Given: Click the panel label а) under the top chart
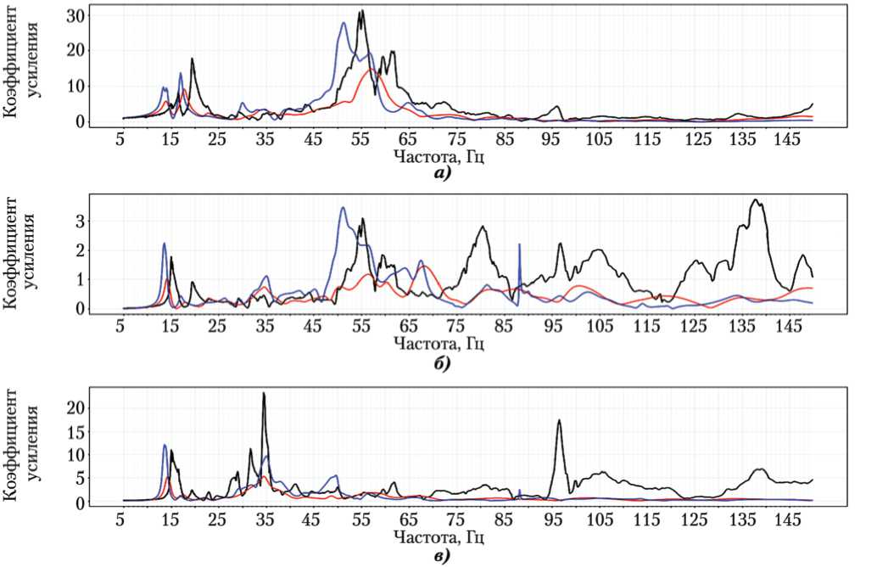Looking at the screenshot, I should (441, 172).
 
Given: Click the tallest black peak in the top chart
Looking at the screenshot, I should (361, 11).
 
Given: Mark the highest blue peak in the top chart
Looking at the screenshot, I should (344, 23).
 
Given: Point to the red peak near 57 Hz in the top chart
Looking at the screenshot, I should (371, 70).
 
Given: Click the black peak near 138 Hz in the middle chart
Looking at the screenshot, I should (754, 200).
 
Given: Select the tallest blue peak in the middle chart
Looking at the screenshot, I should (343, 207).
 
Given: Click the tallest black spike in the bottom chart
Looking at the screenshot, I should (264, 393).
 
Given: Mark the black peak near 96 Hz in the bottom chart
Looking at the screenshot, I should (558, 420).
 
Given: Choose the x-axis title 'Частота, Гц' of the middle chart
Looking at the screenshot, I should (439, 345).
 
